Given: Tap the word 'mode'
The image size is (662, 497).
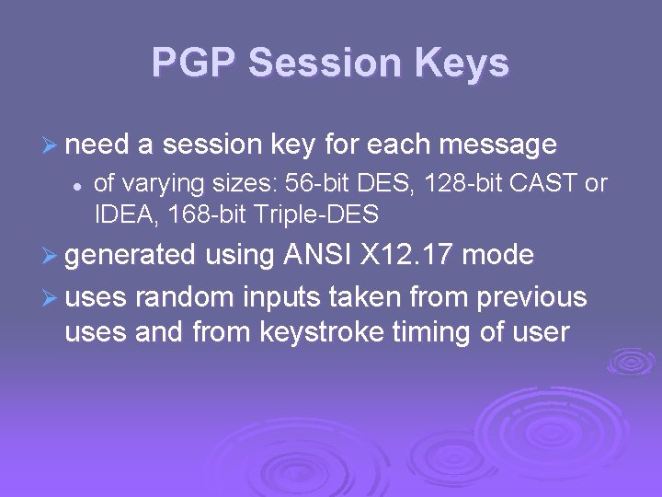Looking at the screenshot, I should [x=498, y=254].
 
